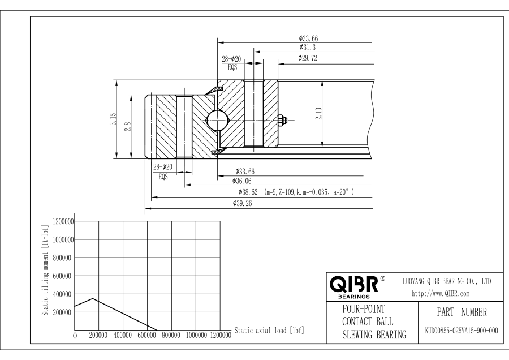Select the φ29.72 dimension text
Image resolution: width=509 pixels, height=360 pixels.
[309, 58]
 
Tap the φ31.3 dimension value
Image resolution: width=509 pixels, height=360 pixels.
[308, 48]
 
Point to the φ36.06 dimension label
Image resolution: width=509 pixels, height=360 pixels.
[243, 181]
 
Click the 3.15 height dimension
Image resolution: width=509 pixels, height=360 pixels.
[113, 119]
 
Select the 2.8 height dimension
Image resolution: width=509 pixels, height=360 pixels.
[128, 126]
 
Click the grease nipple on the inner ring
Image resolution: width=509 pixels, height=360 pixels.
[283, 119]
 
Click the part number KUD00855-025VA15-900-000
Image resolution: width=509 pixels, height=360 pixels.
[460, 330]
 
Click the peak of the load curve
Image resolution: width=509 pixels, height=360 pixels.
[93, 298]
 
